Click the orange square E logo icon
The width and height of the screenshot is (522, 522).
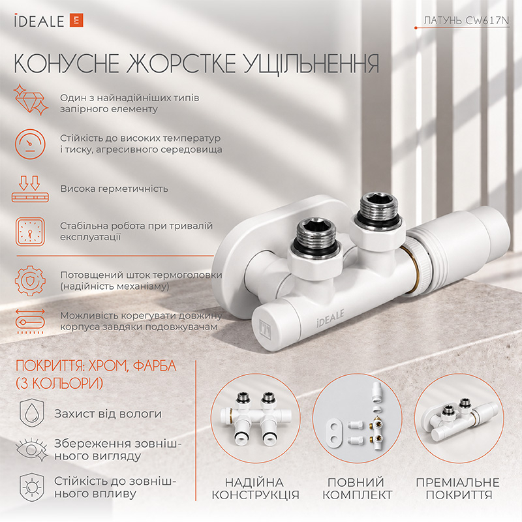[76, 20]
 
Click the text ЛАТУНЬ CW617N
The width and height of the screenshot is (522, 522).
[467, 21]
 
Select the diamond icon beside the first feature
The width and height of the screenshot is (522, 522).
[31, 99]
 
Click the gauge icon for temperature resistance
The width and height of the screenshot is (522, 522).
[30, 144]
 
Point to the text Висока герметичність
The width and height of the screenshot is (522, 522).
[114, 189]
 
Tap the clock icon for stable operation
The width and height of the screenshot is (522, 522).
[30, 232]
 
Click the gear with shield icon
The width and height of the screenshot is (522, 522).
[30, 281]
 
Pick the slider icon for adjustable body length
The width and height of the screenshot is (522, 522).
[30, 321]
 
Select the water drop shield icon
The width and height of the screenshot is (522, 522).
[31, 413]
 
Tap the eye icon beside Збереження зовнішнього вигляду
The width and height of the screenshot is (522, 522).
[31, 450]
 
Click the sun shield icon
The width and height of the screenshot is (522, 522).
[31, 487]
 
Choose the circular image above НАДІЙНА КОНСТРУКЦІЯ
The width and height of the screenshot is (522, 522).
[255, 418]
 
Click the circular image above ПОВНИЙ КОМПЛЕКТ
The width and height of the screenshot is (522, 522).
[357, 418]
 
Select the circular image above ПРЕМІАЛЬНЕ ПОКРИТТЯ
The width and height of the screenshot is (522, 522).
[459, 418]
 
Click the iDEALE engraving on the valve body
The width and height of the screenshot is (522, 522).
[330, 318]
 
